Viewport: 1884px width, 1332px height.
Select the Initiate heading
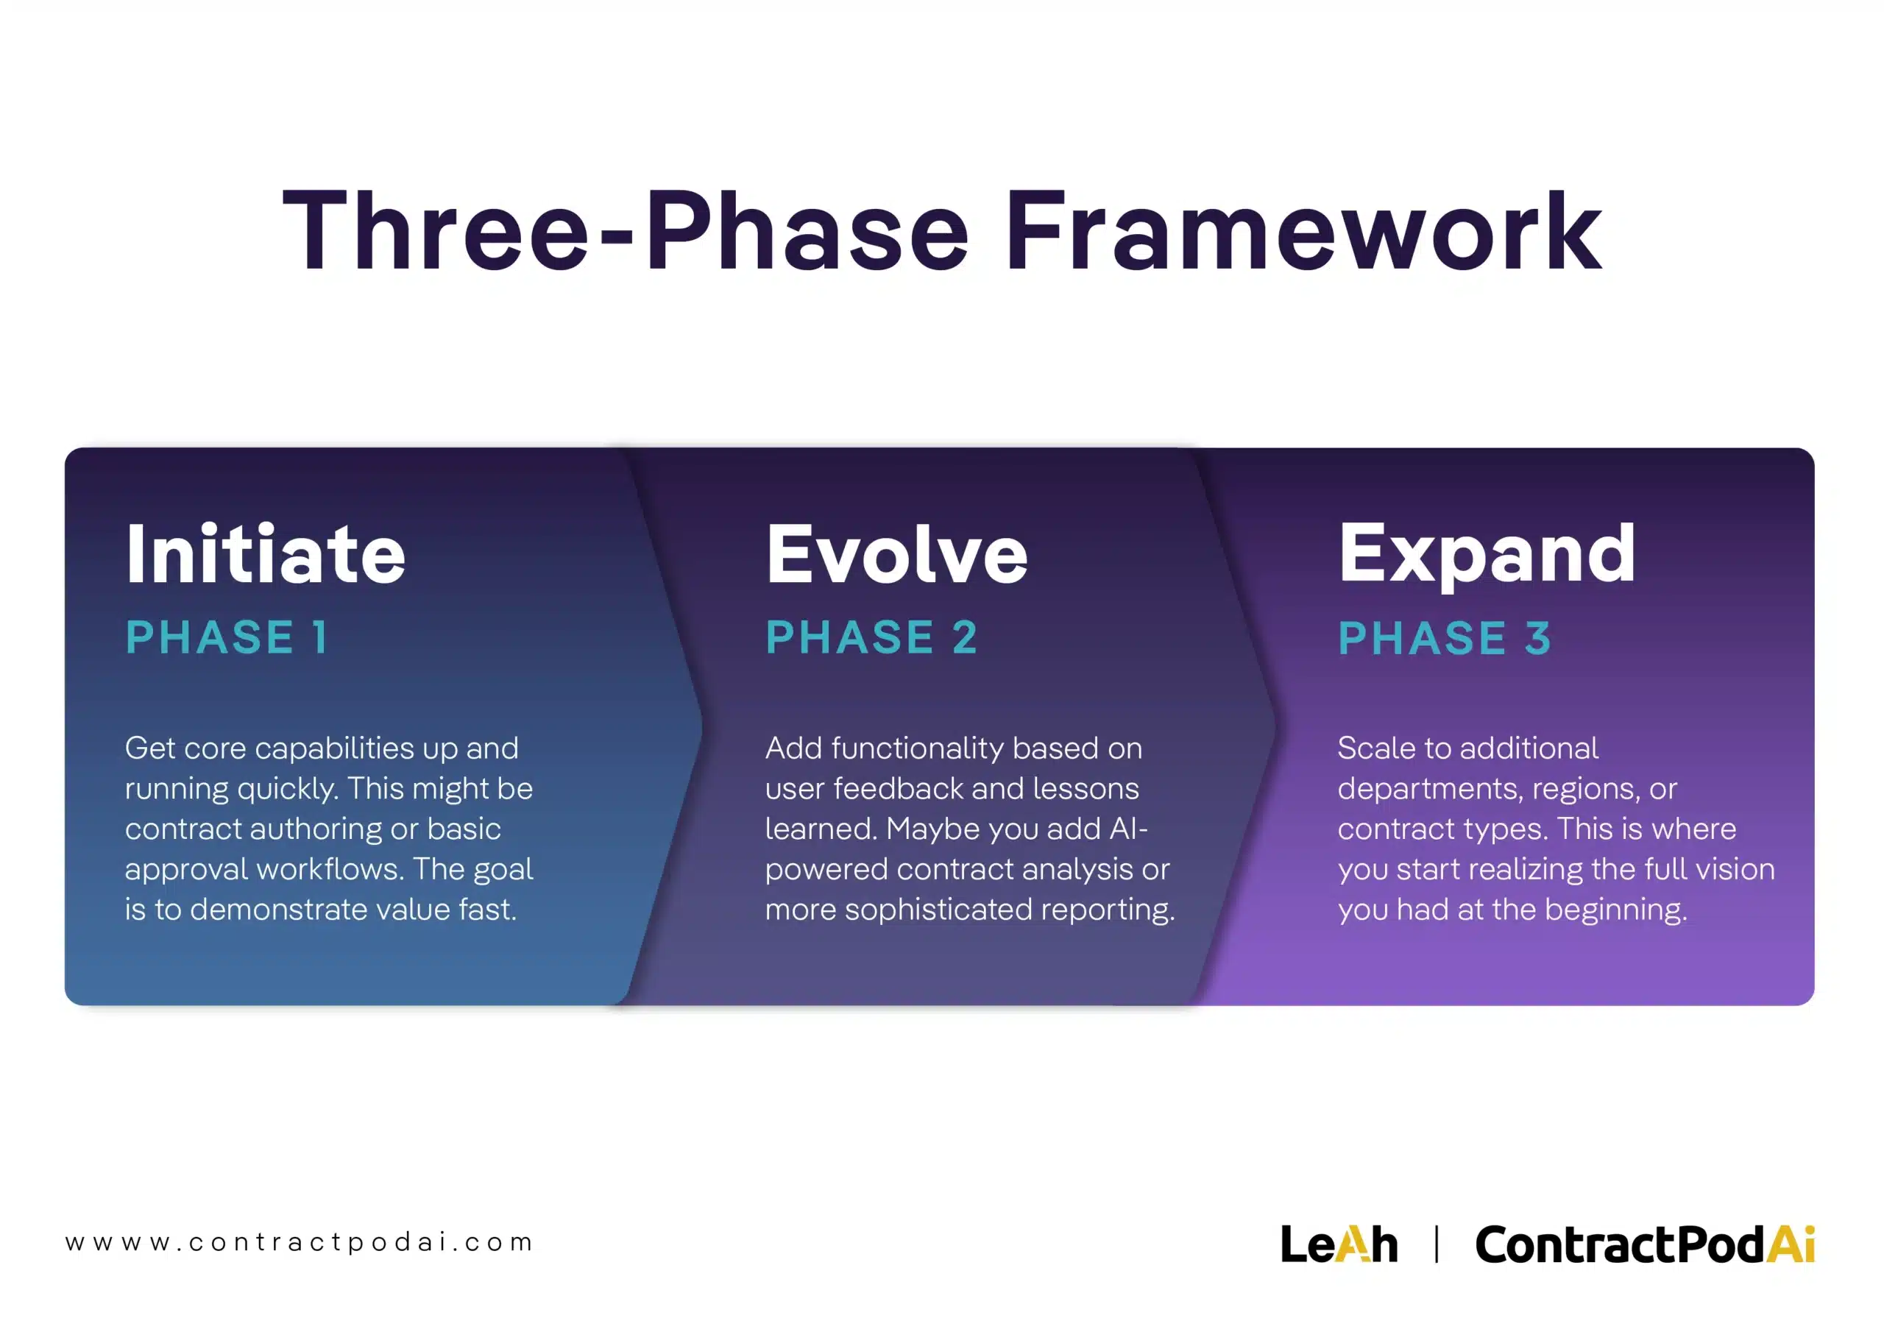(x=266, y=556)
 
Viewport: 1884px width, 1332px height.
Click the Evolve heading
(x=896, y=556)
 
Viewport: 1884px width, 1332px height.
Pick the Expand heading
(x=1487, y=556)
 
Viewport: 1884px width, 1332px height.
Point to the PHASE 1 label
(x=227, y=638)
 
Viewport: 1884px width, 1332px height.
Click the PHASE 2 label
(x=871, y=638)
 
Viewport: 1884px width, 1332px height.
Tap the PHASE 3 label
(x=1444, y=638)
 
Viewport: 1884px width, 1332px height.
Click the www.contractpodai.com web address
(x=300, y=1241)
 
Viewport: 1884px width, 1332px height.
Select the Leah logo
(x=1339, y=1244)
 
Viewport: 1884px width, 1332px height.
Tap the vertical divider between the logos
(x=1436, y=1244)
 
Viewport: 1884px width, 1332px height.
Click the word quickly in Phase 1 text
(x=287, y=790)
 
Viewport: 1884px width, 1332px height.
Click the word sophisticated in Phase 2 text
(x=938, y=910)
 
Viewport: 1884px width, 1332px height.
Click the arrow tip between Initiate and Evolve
(x=700, y=726)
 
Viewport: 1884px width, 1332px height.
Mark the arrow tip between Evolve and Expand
(x=1275, y=726)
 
